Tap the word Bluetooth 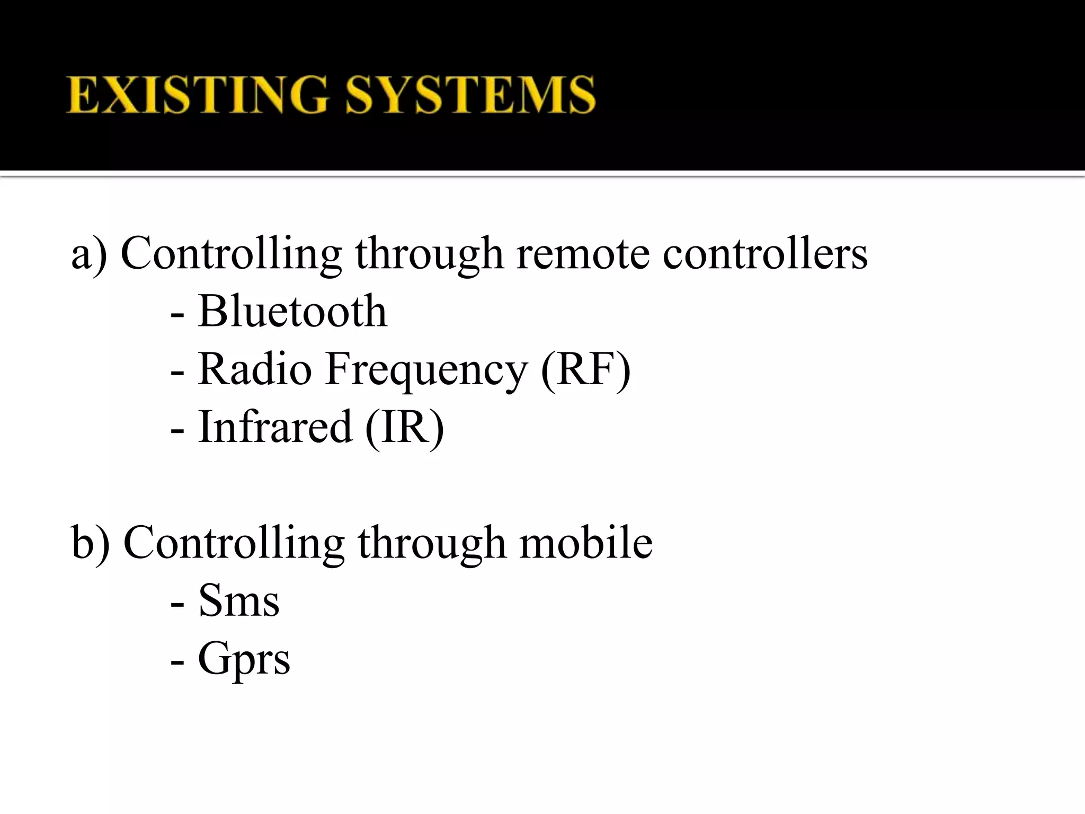coord(292,311)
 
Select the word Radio coord(255,369)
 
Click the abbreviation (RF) coord(586,370)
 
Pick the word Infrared coord(275,427)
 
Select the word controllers coord(765,253)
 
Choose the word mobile coord(586,543)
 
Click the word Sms coord(238,601)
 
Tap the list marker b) coord(90,543)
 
